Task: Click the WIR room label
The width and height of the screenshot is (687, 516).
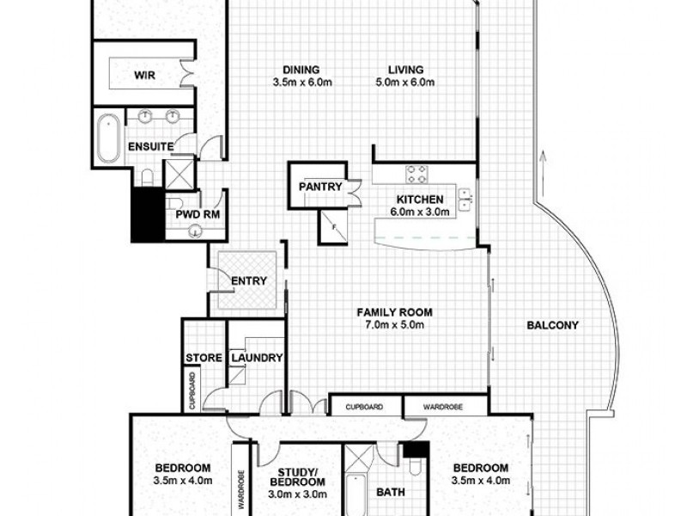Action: click(x=143, y=75)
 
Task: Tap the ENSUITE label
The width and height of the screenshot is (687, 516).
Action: click(x=151, y=145)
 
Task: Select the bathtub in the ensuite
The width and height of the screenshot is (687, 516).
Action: click(x=108, y=138)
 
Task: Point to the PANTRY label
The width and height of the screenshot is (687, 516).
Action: click(x=320, y=187)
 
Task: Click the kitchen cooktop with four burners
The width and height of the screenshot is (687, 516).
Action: click(x=417, y=175)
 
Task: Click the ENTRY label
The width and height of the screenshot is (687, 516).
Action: click(x=249, y=280)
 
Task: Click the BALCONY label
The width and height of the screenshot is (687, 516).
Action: click(x=552, y=325)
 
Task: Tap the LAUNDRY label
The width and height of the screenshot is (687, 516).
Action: click(x=255, y=358)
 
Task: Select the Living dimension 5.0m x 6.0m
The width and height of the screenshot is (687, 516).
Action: click(x=406, y=83)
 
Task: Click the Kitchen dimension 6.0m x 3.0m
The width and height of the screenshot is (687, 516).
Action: click(x=420, y=212)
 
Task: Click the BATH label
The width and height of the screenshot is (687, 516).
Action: click(x=390, y=493)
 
